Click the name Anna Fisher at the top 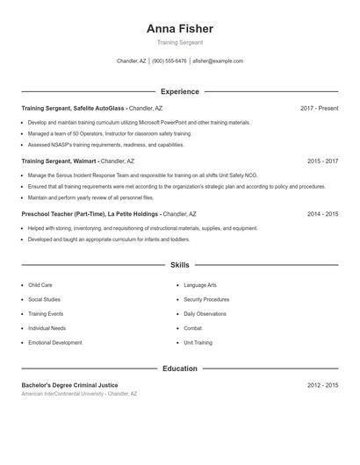180,29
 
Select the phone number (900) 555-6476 169,61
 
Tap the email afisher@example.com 218,61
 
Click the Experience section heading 180,91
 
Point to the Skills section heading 180,265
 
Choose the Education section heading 180,368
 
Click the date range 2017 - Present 319,109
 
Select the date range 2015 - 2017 322,161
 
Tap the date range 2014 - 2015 322,214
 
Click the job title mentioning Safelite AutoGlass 75,109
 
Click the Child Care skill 40,285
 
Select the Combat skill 193,328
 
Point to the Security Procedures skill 206,299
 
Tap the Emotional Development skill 54,342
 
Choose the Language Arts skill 200,285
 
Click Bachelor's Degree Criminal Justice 69,385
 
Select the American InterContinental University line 79,394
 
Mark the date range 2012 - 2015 322,385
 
